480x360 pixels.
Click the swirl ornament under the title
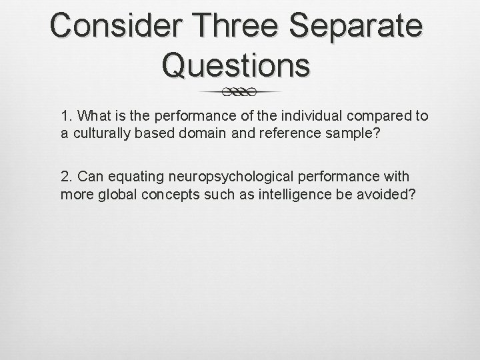[241, 91]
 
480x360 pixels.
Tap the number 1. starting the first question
[67, 117]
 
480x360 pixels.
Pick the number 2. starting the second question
[67, 177]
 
